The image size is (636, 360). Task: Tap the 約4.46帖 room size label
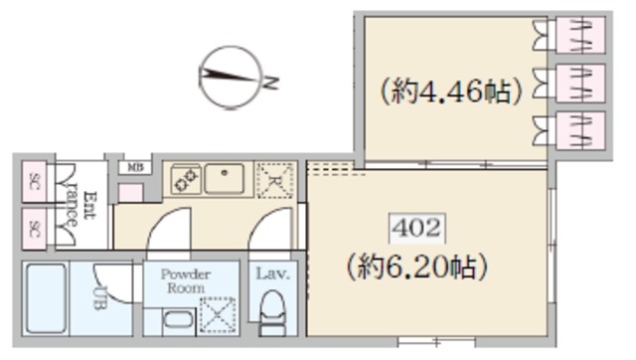coord(450,92)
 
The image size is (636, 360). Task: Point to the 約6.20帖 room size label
coord(416,267)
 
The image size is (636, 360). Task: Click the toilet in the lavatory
coord(270,318)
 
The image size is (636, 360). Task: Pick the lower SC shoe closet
coord(34,230)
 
